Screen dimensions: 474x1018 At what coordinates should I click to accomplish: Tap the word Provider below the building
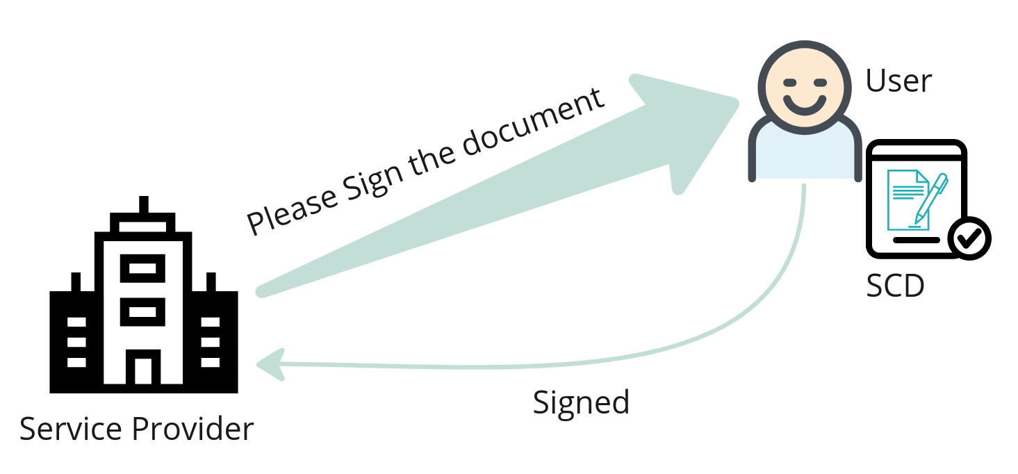[192, 429]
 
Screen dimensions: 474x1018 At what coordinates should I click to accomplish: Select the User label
[898, 81]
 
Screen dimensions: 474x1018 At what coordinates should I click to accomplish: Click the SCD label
[895, 285]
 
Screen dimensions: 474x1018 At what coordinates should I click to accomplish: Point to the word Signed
[581, 402]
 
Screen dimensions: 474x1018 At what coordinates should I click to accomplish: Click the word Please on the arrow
[292, 206]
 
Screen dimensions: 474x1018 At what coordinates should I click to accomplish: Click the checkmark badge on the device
[969, 238]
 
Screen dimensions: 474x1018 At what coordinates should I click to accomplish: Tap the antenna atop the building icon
[144, 207]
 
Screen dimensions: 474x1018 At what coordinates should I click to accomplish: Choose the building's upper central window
[143, 268]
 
